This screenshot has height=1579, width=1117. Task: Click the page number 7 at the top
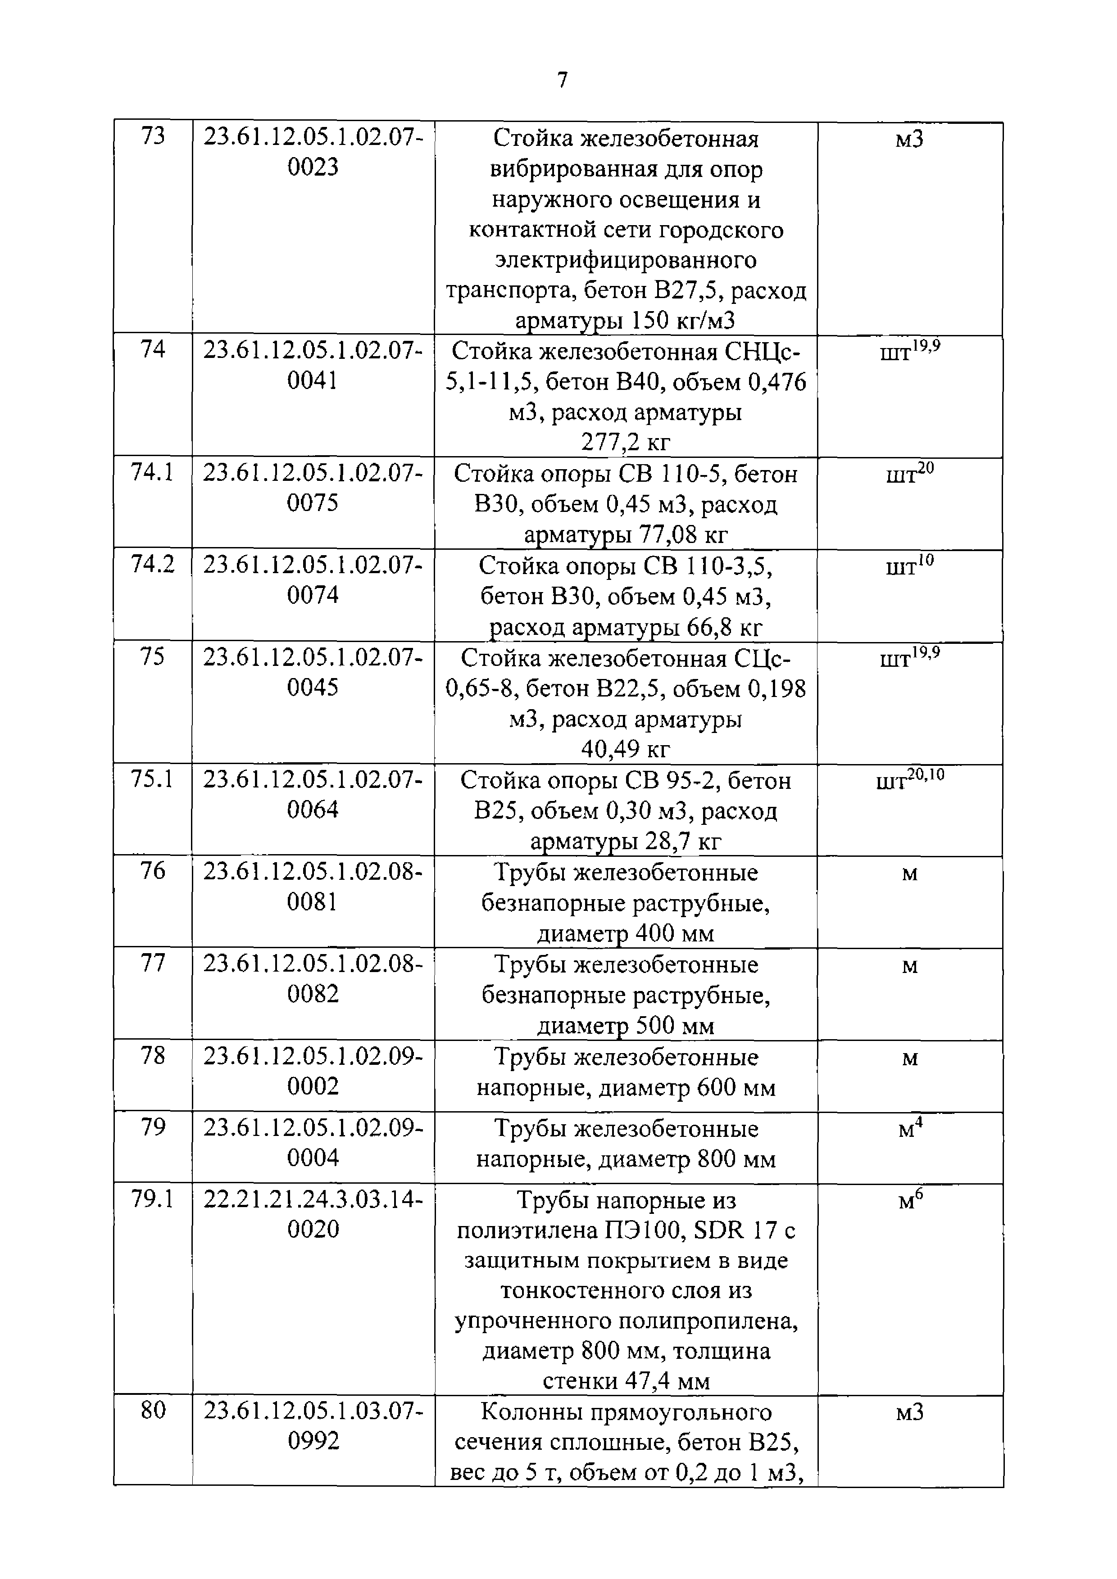point(562,81)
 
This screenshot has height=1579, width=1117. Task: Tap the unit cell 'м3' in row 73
point(909,140)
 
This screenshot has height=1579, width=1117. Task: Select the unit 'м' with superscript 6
point(909,1200)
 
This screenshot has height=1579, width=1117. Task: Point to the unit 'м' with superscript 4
point(909,1129)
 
